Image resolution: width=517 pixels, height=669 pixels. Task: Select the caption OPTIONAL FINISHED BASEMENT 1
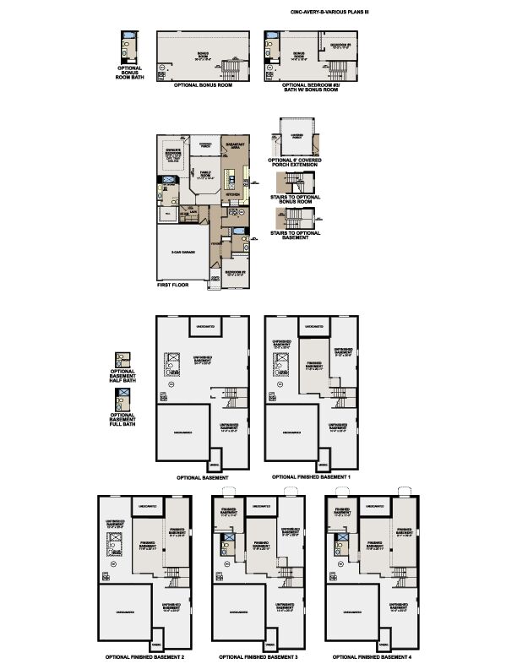pos(311,477)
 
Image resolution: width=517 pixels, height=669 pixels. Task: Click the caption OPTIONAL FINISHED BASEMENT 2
pos(146,656)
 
